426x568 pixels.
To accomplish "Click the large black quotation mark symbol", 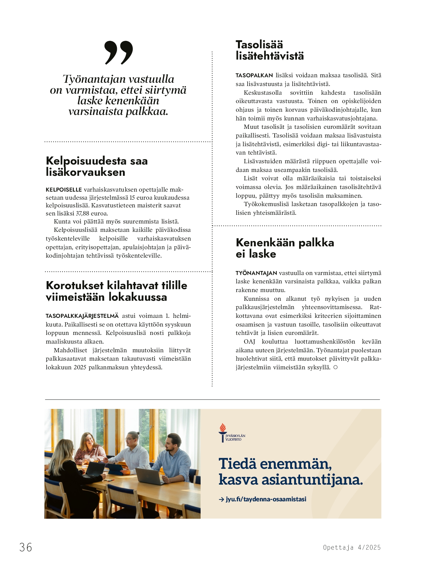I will tap(118, 52).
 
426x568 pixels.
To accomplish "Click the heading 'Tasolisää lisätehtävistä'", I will tap(270, 50).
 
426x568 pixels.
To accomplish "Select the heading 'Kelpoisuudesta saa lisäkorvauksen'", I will tap(97, 166).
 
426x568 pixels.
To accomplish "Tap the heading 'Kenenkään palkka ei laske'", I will tap(285, 248).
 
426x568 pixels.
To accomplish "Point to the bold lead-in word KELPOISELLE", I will tap(64, 190).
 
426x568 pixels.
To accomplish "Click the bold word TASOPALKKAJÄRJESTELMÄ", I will tap(82, 316).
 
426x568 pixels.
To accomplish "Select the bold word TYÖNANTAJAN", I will tap(256, 273).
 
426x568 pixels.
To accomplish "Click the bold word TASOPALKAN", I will tap(254, 75).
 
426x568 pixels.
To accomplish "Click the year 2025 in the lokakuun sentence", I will tap(80, 367).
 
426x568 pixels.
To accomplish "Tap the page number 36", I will tap(26, 547).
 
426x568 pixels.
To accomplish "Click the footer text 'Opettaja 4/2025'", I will tap(352, 547).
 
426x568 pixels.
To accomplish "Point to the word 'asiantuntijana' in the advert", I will tap(312, 480).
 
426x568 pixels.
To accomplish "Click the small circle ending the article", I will tap(336, 367).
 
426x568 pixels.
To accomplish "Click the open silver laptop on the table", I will tap(150, 476).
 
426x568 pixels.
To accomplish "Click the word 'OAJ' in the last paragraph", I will tap(249, 342).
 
